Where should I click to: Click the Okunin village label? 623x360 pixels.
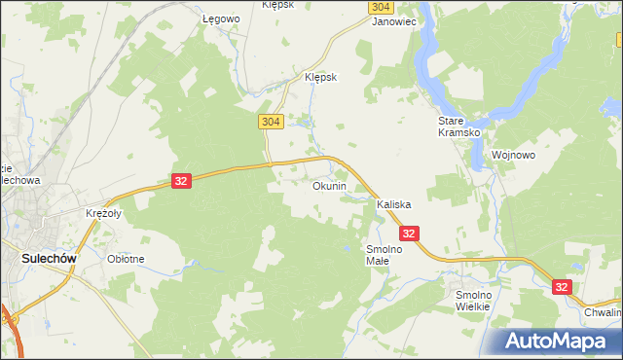[x=329, y=186]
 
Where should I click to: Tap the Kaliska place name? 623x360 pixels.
[x=394, y=205]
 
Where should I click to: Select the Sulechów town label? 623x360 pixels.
[x=46, y=259]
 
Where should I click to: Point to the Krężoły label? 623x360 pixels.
[x=101, y=213]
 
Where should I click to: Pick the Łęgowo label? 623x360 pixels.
[x=220, y=18]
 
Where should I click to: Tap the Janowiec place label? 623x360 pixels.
[x=394, y=20]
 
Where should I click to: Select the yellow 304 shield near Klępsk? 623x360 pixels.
[x=272, y=121]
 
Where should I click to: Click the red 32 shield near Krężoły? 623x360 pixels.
[x=181, y=181]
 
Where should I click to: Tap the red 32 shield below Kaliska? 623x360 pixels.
[x=409, y=234]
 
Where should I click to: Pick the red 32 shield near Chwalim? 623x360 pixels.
[x=562, y=287]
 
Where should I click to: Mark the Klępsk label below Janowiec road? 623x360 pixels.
[x=320, y=78]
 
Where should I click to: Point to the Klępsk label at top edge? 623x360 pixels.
[x=278, y=5]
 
